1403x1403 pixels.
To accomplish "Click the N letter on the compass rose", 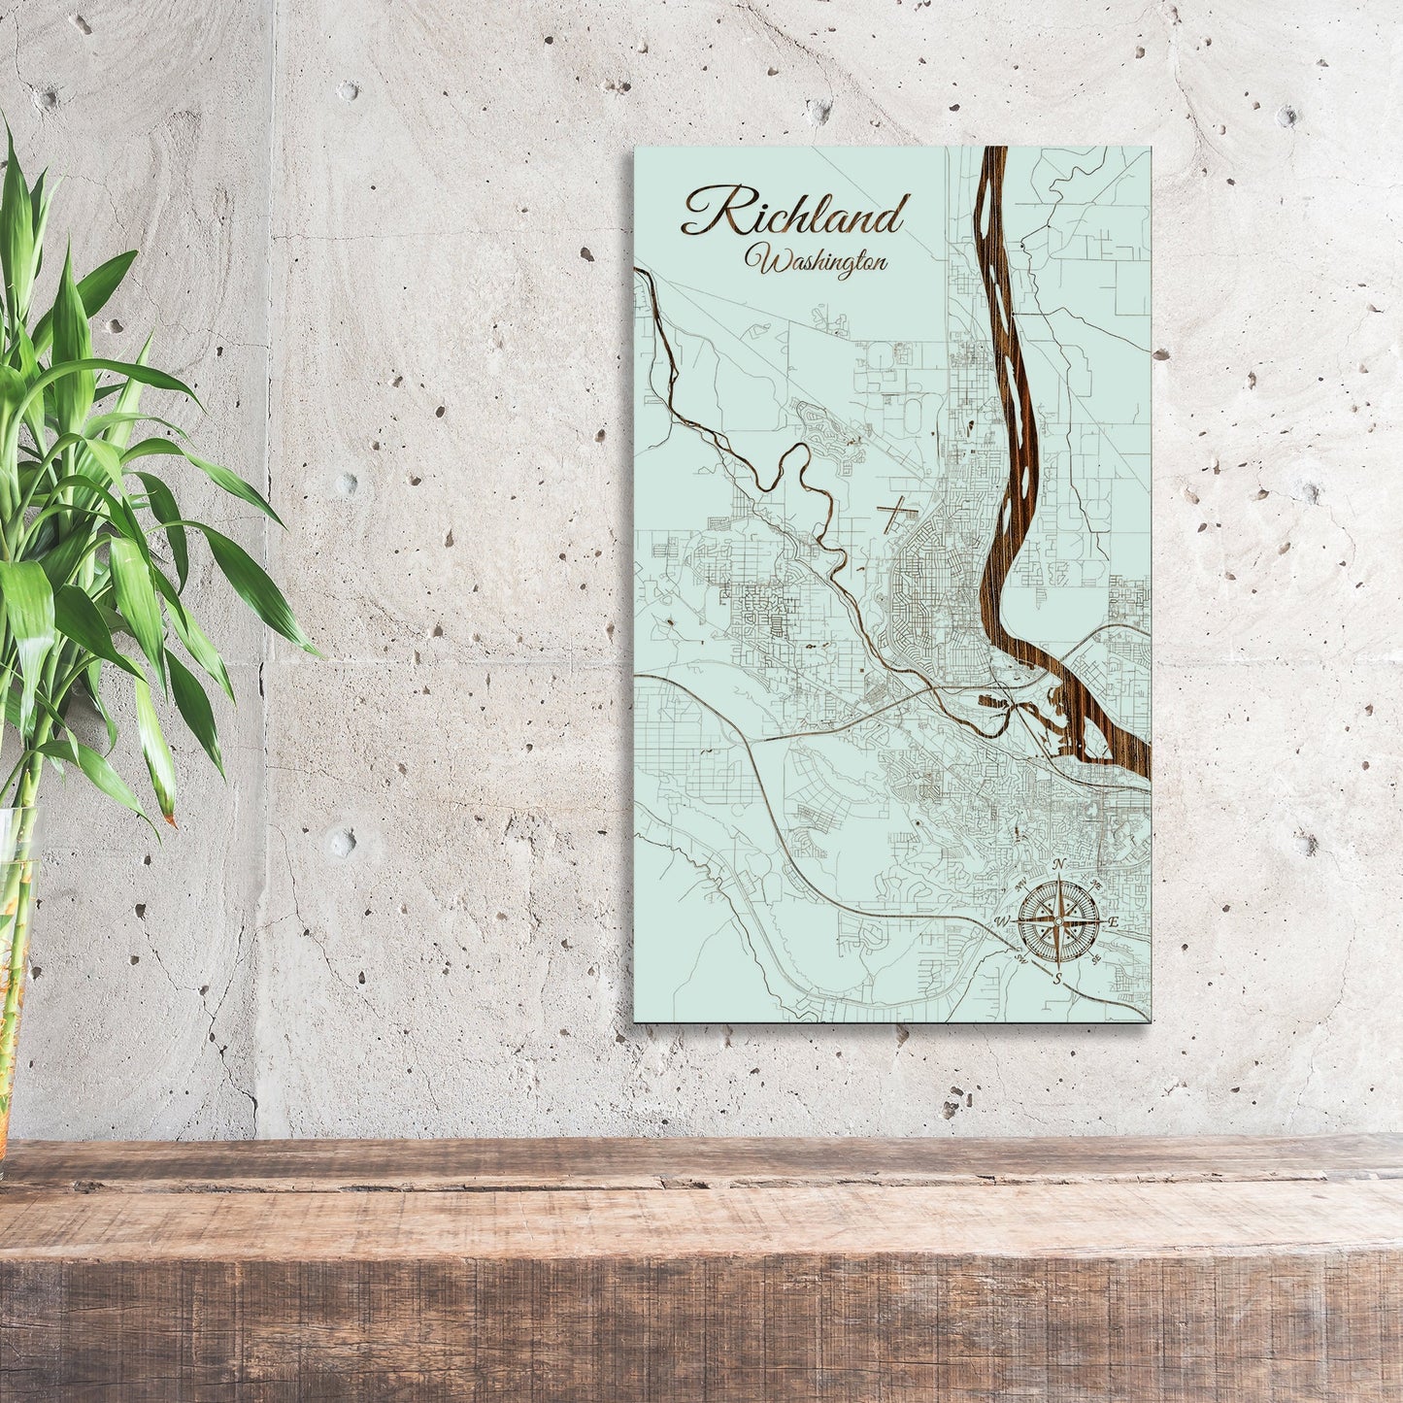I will pyautogui.click(x=1060, y=864).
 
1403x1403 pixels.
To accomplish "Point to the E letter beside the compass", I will pyautogui.click(x=1115, y=920).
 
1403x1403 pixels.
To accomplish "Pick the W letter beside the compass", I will pyautogui.click(x=1001, y=920).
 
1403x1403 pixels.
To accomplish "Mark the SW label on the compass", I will pyautogui.click(x=1021, y=959).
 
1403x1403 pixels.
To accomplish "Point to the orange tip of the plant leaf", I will pyautogui.click(x=170, y=820).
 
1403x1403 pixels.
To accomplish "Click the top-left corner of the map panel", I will pyautogui.click(x=634, y=149).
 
